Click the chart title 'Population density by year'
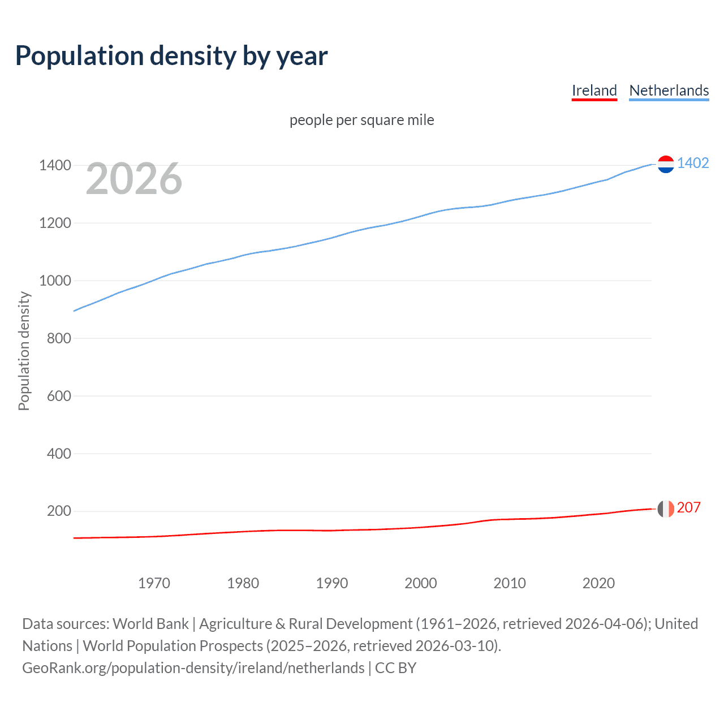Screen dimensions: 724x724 tap(171, 55)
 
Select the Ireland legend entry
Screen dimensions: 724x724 tap(594, 90)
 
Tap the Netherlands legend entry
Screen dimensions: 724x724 tap(669, 90)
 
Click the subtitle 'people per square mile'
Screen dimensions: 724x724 tap(361, 120)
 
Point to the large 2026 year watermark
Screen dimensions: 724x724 tap(134, 179)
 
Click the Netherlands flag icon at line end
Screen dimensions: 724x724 tap(666, 164)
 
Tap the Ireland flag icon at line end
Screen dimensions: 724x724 tap(666, 508)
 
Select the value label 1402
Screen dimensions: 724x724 tap(693, 163)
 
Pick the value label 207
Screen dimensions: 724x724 tap(688, 507)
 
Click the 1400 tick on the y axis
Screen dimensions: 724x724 tap(55, 166)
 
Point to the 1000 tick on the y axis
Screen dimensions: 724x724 tap(55, 281)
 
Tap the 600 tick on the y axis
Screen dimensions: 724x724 tap(59, 396)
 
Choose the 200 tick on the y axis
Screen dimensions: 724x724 tap(59, 511)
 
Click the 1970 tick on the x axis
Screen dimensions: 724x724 tap(154, 583)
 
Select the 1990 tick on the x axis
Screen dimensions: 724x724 tap(332, 583)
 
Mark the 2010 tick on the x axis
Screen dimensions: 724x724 tap(510, 583)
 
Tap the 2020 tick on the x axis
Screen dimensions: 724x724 tap(598, 583)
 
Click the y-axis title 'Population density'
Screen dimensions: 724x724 tap(24, 351)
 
